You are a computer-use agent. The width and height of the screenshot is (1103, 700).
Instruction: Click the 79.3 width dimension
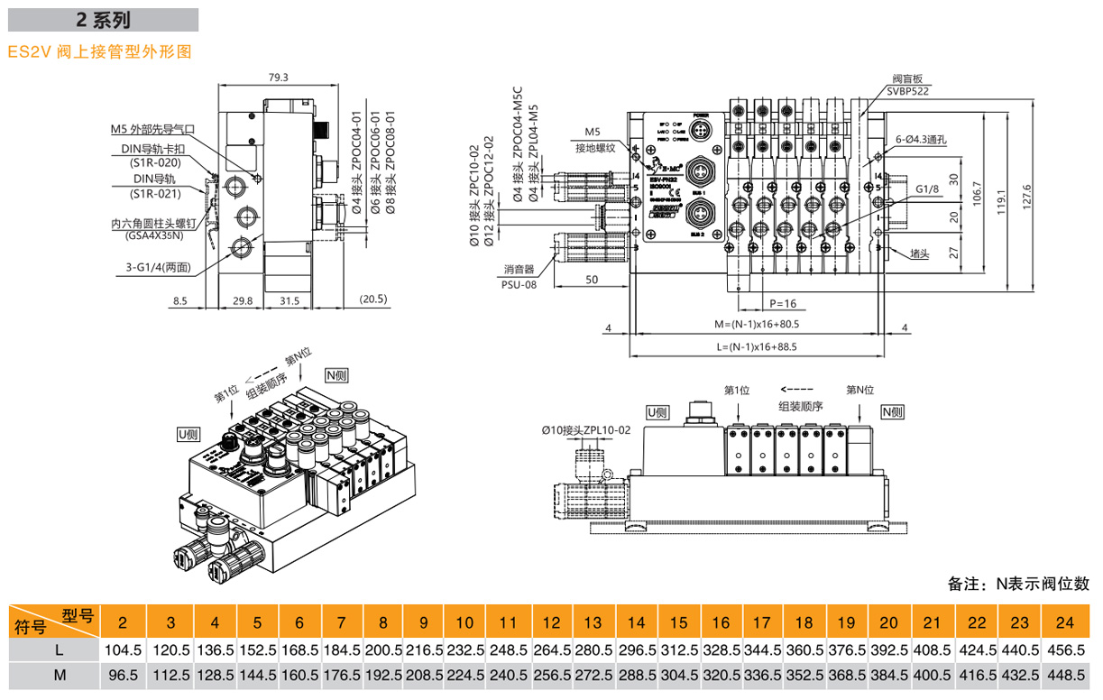pos(278,78)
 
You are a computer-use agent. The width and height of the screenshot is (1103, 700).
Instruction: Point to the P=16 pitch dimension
pos(782,303)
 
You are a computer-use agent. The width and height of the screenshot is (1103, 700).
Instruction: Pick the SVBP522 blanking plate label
pos(906,91)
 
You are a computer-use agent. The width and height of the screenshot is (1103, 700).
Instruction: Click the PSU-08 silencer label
pos(519,284)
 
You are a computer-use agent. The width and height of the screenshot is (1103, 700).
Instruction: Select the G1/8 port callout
pos(926,189)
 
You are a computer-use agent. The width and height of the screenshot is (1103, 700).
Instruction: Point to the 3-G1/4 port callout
pos(161,267)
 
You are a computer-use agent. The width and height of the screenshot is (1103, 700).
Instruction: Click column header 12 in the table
pos(552,622)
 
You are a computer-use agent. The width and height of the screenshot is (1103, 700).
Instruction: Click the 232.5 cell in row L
pos(464,649)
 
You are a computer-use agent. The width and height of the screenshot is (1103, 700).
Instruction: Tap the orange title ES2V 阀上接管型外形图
pos(100,51)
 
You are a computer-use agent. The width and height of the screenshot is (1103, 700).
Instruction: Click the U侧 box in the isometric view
pos(188,434)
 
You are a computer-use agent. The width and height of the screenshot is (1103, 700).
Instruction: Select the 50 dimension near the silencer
pos(592,280)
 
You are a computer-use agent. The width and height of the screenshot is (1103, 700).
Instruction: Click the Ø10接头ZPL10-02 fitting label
pos(585,429)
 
